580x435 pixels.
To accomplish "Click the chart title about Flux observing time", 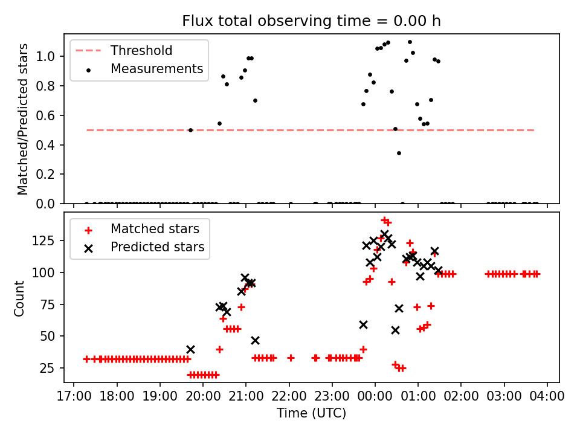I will tap(311, 22).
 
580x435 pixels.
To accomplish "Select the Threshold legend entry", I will tap(141, 51).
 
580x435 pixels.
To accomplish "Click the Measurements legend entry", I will tap(156, 69).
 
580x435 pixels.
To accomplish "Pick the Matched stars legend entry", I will tap(155, 229).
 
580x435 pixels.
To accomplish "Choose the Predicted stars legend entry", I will tap(157, 247).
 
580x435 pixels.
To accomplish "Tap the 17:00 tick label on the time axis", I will tap(74, 396).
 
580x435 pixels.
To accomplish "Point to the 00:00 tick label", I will tap(375, 396).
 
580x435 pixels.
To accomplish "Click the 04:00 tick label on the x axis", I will tap(547, 396).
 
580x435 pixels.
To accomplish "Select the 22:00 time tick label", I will tap(289, 396).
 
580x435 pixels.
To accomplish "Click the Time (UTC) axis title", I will tap(311, 413).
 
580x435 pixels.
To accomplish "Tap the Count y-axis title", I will tap(20, 298).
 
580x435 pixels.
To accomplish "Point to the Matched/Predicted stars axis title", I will tap(24, 119).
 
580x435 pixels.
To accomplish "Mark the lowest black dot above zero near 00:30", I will tap(399, 153).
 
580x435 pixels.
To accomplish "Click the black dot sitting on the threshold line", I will tap(190, 130).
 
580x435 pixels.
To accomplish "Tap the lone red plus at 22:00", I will tap(291, 358).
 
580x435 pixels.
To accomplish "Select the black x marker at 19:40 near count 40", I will tap(190, 349).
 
